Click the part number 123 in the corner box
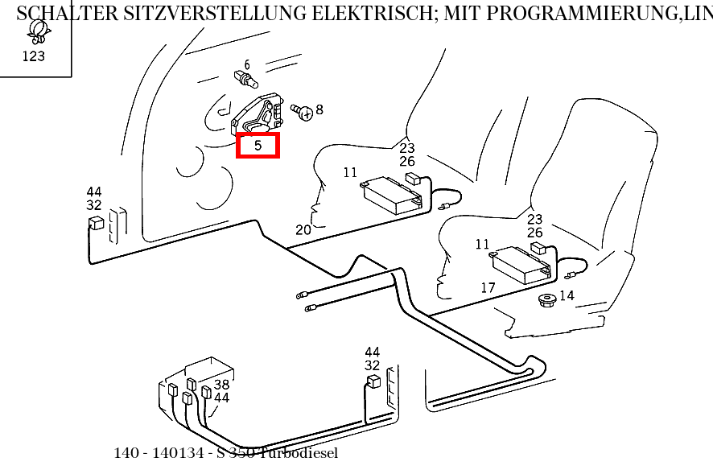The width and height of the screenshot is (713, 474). [34, 56]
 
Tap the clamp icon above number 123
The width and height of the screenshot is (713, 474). [35, 31]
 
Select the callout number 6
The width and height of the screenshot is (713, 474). [246, 65]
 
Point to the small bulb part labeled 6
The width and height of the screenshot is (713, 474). [245, 79]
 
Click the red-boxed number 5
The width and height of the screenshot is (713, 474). [258, 146]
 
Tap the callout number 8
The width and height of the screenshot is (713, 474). [319, 109]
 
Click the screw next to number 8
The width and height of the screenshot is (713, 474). [303, 113]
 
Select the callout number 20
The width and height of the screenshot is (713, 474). [303, 230]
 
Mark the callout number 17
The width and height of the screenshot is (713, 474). [488, 287]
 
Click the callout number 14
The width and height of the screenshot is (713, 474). [567, 296]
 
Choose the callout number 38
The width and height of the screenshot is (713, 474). [221, 385]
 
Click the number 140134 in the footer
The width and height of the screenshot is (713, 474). [179, 453]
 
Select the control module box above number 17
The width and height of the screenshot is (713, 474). [521, 264]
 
